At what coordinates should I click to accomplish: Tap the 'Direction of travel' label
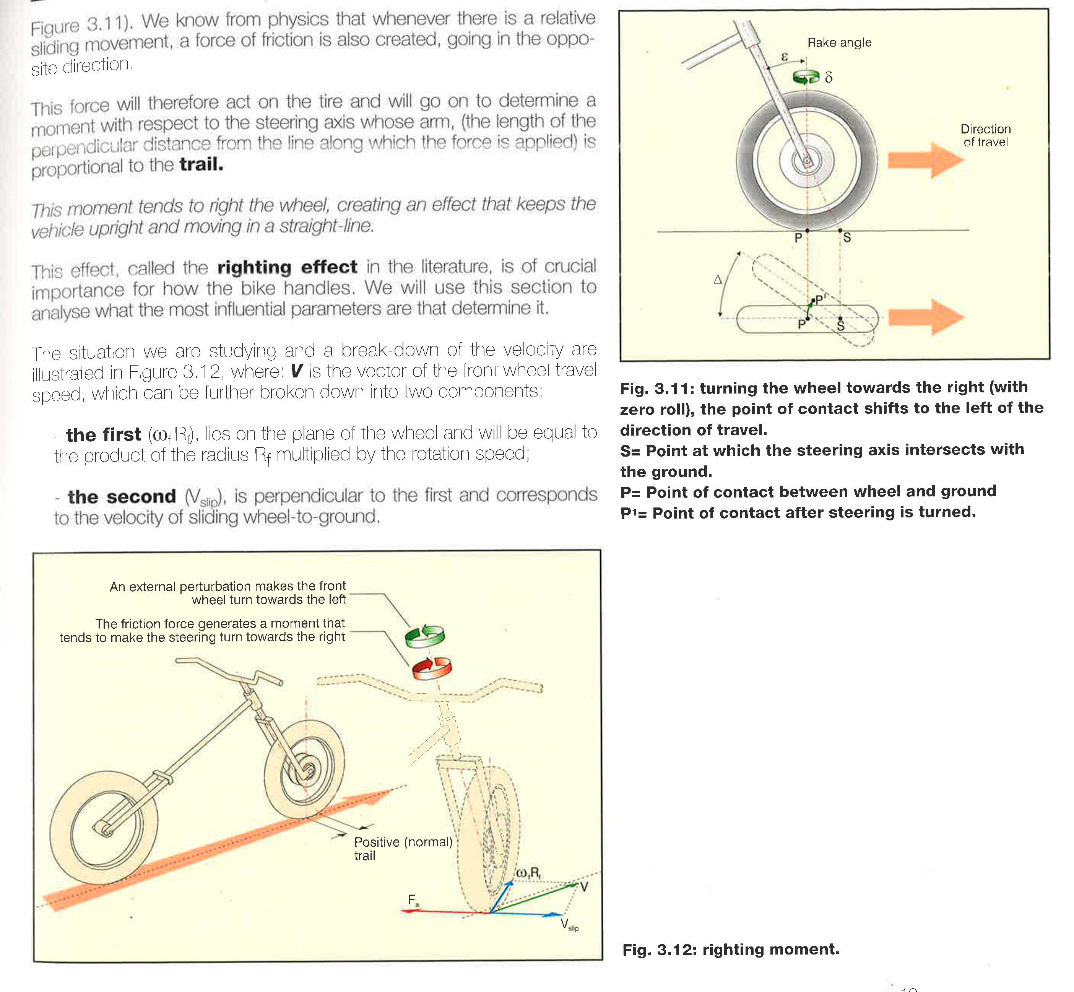click(x=985, y=135)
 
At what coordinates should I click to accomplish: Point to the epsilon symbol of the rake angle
click(x=784, y=56)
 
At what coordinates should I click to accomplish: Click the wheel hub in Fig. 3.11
click(x=806, y=161)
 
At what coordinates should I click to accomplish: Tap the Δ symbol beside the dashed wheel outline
click(x=718, y=279)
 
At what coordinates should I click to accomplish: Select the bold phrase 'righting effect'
click(x=287, y=267)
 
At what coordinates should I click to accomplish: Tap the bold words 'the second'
click(x=122, y=496)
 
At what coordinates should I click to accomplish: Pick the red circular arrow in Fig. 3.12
click(x=432, y=668)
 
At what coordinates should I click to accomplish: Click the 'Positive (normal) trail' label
click(x=403, y=848)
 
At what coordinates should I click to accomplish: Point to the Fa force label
click(x=413, y=900)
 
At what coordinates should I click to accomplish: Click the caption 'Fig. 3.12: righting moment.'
click(x=731, y=949)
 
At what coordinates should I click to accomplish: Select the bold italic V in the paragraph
click(x=296, y=371)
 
